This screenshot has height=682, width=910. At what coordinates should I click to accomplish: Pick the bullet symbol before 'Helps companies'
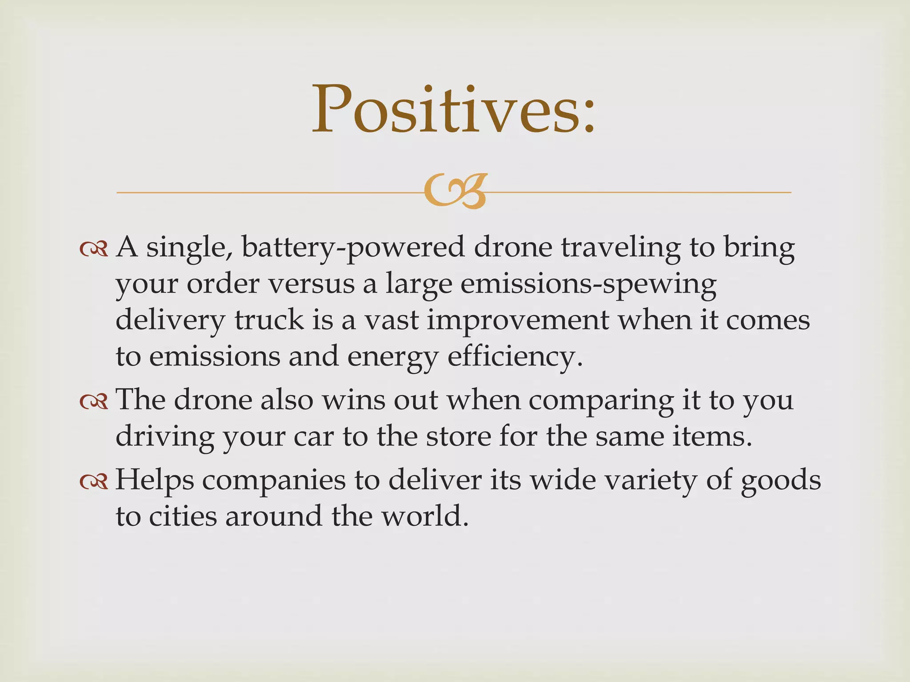94,482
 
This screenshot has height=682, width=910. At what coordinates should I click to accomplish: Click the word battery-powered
353,248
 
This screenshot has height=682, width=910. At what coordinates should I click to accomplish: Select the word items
711,437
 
